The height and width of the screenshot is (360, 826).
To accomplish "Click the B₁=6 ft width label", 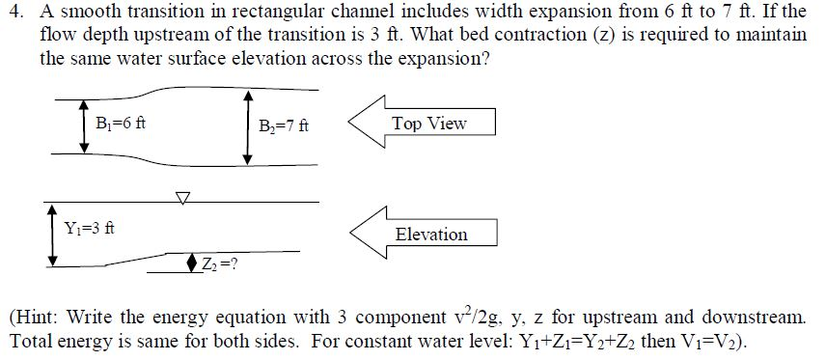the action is [121, 124].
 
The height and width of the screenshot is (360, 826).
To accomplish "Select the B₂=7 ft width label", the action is [284, 125].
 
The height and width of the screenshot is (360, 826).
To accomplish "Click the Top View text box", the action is [429, 124].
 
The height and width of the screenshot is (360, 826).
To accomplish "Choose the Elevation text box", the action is [430, 235].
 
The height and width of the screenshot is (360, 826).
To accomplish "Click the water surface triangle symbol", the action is [183, 197].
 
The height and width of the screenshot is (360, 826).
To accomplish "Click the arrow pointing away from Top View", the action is [366, 123].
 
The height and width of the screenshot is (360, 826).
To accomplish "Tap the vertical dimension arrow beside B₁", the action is [84, 125].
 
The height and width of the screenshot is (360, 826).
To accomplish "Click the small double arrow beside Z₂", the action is [193, 263].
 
